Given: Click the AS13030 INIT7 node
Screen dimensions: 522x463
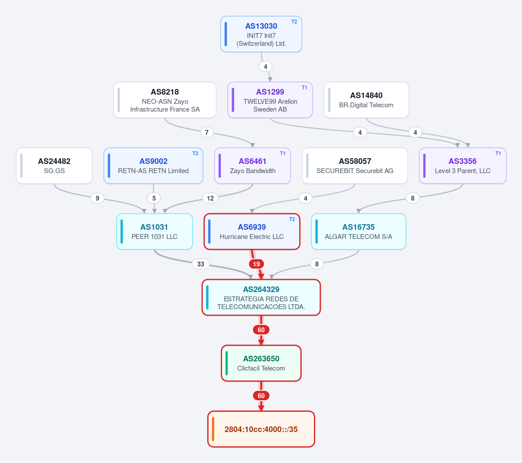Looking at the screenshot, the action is tap(261, 34).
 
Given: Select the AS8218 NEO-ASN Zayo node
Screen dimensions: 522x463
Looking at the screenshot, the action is tap(165, 100).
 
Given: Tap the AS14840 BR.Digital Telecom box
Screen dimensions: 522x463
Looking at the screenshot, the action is tap(366, 100).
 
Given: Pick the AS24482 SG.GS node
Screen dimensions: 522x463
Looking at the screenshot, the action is tap(54, 166).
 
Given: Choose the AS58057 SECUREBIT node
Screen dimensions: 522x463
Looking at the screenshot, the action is tap(355, 166).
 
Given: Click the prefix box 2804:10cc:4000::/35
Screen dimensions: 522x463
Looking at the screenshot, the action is tap(261, 429).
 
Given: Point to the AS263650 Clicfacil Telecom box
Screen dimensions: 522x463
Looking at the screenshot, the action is tap(261, 363).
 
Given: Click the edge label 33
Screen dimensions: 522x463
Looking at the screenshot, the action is tap(201, 264).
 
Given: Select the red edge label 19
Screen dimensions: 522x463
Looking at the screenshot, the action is tap(256, 264).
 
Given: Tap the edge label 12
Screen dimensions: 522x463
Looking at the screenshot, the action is tap(210, 198).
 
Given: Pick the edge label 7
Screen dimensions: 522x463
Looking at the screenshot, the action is tap(207, 133).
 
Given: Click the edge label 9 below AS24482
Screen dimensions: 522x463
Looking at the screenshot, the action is tap(97, 198).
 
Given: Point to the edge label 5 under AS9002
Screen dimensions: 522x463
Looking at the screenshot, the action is tap(154, 198).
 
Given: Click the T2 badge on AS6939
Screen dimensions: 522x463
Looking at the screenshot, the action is tap(292, 219).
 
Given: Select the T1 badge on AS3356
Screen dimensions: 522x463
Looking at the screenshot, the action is tap(498, 153).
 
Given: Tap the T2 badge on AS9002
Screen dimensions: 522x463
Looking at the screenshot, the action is tap(195, 153).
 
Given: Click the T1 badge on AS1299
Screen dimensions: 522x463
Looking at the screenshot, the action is tap(304, 88).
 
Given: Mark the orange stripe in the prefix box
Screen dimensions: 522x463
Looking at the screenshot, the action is tap(213, 429).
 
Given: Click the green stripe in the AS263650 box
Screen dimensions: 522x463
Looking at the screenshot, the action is tap(227, 363).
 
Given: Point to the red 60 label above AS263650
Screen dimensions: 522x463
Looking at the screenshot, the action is tap(261, 330).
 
